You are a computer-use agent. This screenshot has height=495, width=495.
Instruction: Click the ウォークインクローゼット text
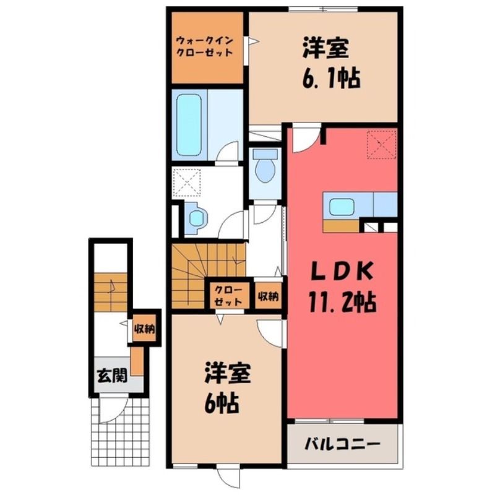(x=204, y=46)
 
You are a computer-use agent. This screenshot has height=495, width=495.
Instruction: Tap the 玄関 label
(x=112, y=376)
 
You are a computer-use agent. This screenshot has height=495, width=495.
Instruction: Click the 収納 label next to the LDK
(x=268, y=296)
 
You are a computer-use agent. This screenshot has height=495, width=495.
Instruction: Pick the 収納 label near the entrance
(x=144, y=329)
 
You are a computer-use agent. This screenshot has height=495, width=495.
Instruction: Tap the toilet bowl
(x=265, y=166)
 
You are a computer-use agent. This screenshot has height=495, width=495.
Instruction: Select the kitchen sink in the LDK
(x=342, y=207)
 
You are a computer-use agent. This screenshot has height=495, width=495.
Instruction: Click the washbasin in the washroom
(x=196, y=218)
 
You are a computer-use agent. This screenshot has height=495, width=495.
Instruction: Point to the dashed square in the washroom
(x=187, y=183)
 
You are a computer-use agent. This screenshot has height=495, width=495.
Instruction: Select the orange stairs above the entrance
(x=111, y=292)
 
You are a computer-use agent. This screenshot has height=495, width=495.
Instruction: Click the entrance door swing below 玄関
(x=113, y=410)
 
